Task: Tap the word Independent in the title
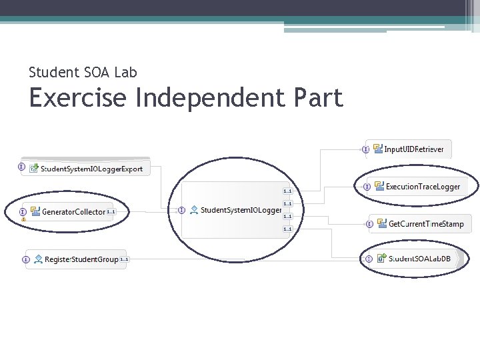213,98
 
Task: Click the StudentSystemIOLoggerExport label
91,169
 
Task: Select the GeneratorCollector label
73,212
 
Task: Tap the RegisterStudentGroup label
81,259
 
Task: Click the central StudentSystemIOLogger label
241,210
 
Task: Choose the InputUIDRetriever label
414,149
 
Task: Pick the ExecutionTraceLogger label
423,187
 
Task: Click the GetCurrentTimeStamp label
426,224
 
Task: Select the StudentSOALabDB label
420,258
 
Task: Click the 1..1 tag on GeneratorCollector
111,212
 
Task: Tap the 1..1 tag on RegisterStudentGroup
124,259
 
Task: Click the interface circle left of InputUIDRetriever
365,149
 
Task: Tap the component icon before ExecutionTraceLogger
379,187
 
